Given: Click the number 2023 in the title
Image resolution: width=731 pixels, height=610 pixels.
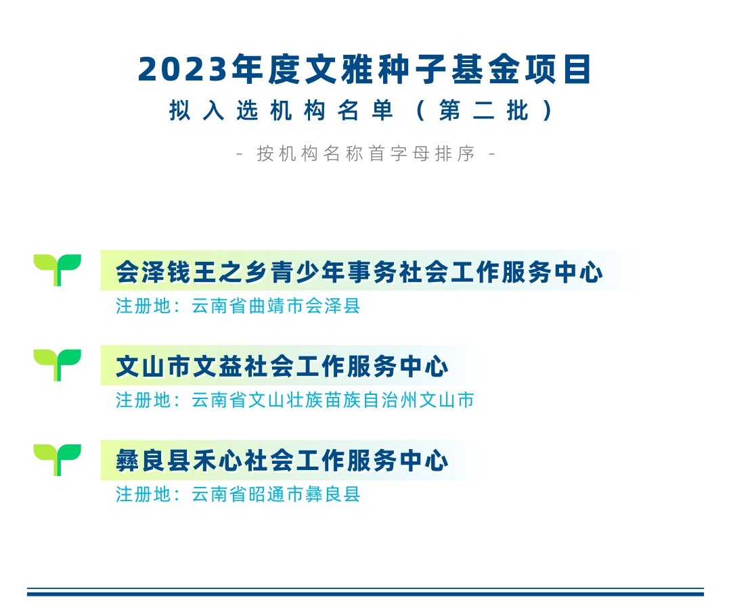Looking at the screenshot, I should pyautogui.click(x=181, y=70).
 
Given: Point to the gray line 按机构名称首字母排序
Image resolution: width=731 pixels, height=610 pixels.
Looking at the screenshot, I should pyautogui.click(x=365, y=154).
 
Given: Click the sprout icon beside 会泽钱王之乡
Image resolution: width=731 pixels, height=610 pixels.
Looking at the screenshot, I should pyautogui.click(x=58, y=269).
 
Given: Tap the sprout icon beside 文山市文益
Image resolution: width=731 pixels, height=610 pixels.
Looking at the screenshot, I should pyautogui.click(x=58, y=364).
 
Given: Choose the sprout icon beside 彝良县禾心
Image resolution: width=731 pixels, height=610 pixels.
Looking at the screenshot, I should pyautogui.click(x=58, y=459).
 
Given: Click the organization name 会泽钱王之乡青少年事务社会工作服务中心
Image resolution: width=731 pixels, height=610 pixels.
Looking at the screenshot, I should pyautogui.click(x=359, y=273).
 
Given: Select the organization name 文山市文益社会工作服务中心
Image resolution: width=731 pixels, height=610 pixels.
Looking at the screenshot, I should pyautogui.click(x=282, y=367).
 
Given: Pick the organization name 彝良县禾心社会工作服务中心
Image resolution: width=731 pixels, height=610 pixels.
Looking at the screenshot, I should pyautogui.click(x=282, y=461).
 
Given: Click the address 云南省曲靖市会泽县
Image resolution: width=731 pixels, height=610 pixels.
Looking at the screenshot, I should pyautogui.click(x=276, y=306).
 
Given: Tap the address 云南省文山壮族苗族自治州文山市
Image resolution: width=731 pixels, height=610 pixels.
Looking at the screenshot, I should pyautogui.click(x=333, y=400).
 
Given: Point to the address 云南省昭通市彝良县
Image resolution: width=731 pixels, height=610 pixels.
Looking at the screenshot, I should pyautogui.click(x=276, y=494).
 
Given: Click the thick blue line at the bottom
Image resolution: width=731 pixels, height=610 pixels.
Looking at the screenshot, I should pyautogui.click(x=365, y=594).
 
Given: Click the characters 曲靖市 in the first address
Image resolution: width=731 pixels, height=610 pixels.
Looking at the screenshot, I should pyautogui.click(x=276, y=306).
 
